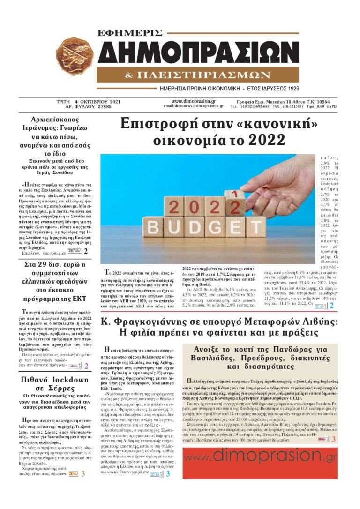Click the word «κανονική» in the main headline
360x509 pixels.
point(281,123)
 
